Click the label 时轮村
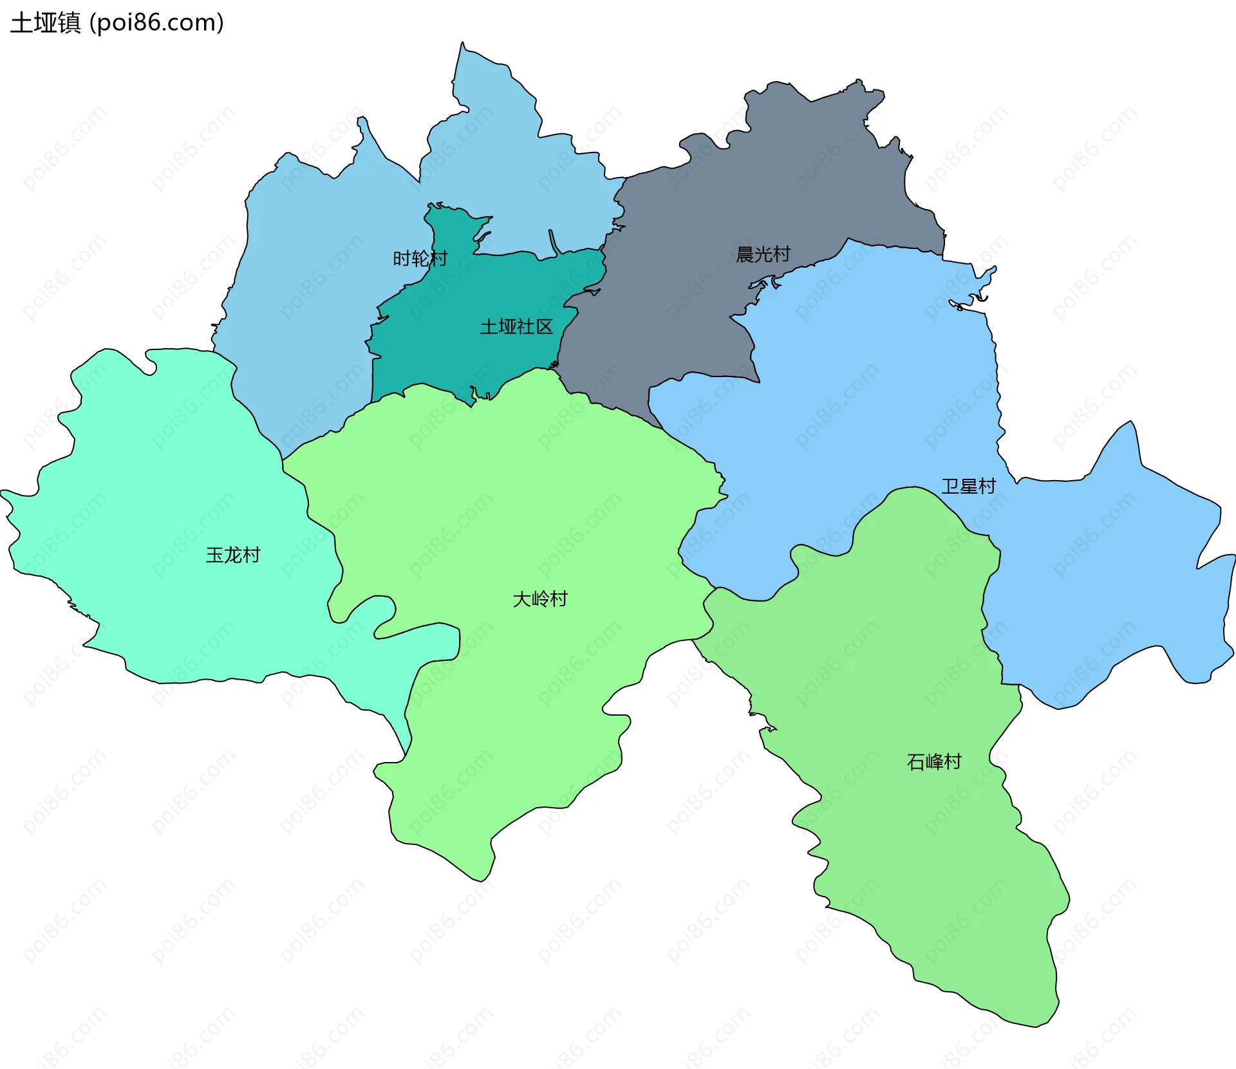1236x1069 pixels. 420,259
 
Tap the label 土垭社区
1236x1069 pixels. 516,327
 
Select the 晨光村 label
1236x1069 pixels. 763,254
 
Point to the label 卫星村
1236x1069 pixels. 968,486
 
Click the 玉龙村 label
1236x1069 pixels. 233,555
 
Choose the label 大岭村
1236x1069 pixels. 539,599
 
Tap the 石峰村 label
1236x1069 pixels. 934,762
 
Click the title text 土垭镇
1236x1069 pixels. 45,23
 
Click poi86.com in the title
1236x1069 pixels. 156,23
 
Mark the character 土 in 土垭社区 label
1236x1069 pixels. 489,327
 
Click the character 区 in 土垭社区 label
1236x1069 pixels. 545,327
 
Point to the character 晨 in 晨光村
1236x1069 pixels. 745,254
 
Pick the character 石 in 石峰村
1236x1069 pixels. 915,762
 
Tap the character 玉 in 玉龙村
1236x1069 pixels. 214,555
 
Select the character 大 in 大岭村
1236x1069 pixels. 521,599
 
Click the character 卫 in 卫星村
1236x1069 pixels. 950,486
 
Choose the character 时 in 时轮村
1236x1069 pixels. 402,259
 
